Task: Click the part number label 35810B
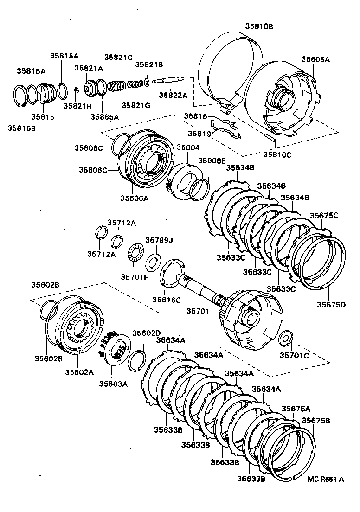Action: (259, 26)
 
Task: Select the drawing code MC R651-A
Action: (325, 480)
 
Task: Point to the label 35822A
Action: (173, 95)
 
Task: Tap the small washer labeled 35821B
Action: (147, 82)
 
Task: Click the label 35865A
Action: (104, 117)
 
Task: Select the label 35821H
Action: (76, 105)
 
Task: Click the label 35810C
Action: (277, 154)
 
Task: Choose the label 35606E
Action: (211, 160)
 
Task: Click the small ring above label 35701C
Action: (285, 337)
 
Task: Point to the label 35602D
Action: (146, 333)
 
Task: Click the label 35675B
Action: (316, 421)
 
